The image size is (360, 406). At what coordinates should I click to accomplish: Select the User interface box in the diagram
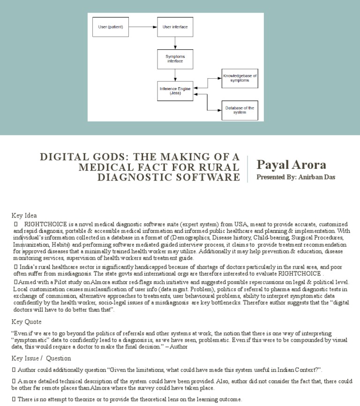pos(175,27)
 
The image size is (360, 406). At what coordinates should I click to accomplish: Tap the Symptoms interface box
pos(175,59)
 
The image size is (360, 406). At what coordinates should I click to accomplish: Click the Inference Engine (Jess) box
pos(175,91)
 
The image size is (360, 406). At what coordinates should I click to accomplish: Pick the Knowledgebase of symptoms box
pos(240,78)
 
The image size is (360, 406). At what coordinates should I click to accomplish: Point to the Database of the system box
pos(240,110)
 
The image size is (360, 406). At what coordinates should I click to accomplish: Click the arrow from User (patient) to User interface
pos(142,27)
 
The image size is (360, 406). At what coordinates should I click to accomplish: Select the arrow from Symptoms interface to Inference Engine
pos(175,75)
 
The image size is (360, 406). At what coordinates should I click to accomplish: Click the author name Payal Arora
pos(291,165)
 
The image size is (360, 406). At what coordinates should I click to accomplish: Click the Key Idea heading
pos(24,215)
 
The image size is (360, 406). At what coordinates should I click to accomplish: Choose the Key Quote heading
pos(27,322)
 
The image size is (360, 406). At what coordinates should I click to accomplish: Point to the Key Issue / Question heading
pos(41,358)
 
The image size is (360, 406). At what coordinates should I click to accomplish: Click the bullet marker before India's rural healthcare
pos(14,267)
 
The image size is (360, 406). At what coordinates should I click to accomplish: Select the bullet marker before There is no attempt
pos(14,399)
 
